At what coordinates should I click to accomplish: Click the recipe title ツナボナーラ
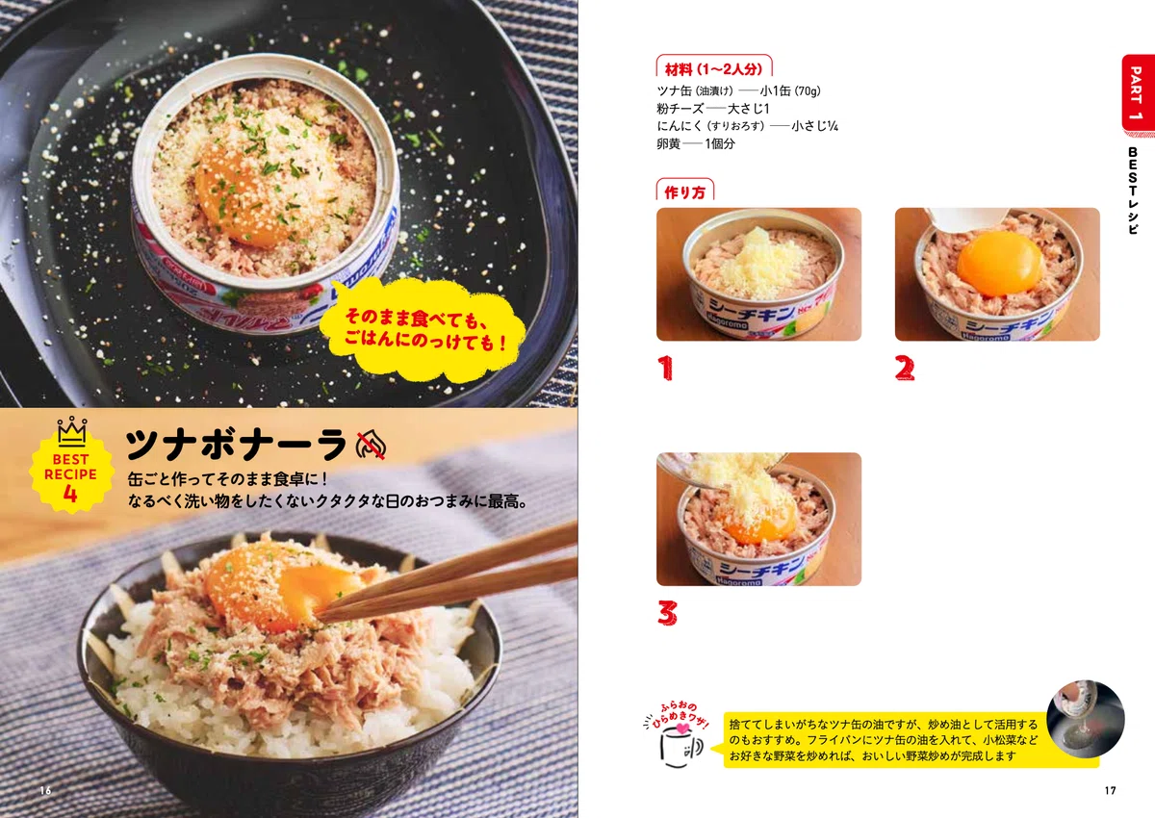point(236,445)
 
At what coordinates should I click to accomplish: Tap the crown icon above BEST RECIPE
point(71,431)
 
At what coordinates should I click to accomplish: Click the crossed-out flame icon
point(371,445)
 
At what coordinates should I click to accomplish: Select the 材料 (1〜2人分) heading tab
point(713,67)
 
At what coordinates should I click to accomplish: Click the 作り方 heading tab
point(684,191)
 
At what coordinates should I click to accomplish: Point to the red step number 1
point(665,368)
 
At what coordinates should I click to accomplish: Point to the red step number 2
point(905,368)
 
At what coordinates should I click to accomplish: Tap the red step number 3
point(667,613)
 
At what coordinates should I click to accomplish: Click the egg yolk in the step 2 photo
point(1000,264)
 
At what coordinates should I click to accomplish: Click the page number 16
point(46,790)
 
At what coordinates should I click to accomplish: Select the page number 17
point(1110,790)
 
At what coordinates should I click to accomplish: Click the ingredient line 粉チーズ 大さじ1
point(712,109)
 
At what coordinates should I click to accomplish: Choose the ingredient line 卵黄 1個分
point(696,143)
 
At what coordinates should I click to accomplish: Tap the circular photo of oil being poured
point(1086,719)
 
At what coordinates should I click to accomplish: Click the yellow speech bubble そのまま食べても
point(423,330)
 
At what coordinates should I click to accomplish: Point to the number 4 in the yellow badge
point(70,494)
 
